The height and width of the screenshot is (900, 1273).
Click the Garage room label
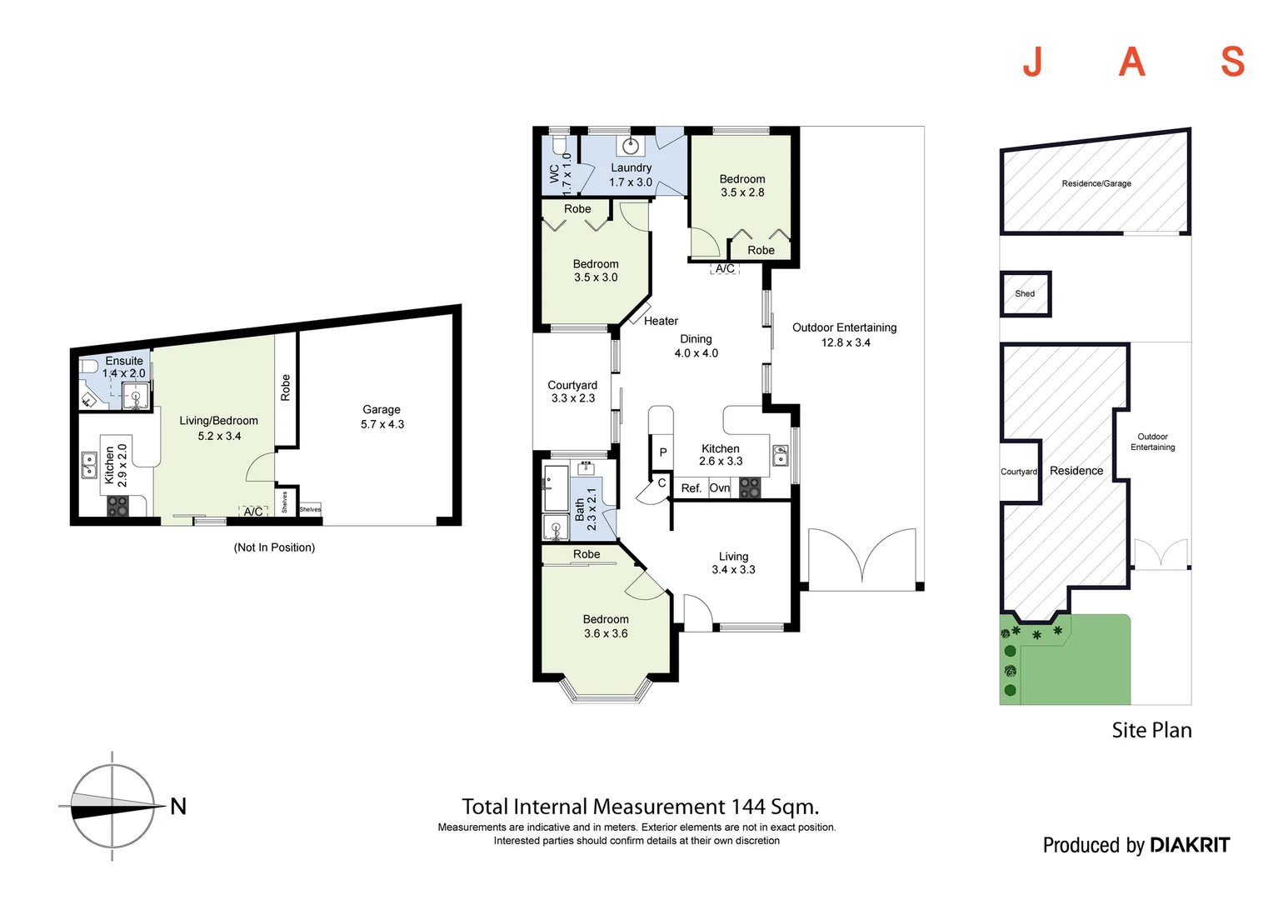[x=382, y=417]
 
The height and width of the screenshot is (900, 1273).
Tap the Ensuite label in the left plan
[x=124, y=361]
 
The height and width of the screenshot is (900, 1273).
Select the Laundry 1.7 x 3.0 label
[x=631, y=175]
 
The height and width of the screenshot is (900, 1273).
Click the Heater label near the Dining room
[x=661, y=321]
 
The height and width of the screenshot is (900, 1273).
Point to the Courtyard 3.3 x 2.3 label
[x=572, y=392]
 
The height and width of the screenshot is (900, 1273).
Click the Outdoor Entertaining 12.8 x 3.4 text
[x=844, y=335]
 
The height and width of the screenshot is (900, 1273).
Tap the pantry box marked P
[x=663, y=452]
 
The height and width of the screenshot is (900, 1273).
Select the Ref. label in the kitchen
[x=691, y=488]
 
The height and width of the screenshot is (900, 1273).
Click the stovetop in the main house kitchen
[x=750, y=488]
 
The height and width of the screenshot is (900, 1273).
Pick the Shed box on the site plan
[x=1026, y=293]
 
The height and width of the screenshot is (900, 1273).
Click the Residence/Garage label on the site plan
[x=1096, y=183]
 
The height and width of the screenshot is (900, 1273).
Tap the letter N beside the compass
[x=178, y=807]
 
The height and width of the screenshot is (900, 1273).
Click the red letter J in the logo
[x=1033, y=62]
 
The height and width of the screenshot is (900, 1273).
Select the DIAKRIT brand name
[x=1189, y=845]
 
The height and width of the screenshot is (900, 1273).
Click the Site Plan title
[x=1151, y=730]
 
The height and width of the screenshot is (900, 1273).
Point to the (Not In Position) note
[x=274, y=547]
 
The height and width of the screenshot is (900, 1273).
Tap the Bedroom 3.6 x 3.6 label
[x=606, y=626]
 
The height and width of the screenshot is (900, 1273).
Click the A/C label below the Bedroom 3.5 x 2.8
[x=725, y=268]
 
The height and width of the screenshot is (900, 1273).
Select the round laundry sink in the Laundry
[x=631, y=147]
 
